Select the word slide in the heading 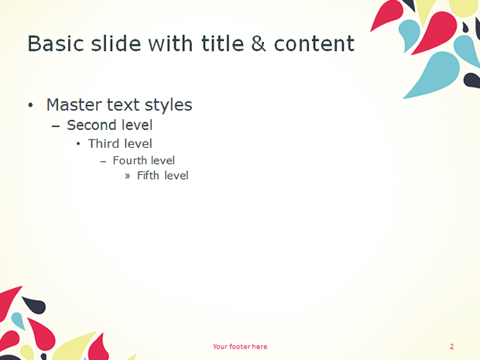[116, 43]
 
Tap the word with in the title [171, 43]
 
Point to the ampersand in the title [259, 43]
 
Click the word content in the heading [314, 44]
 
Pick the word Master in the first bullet [74, 105]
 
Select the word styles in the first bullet [168, 105]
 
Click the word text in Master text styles [124, 105]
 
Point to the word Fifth [149, 176]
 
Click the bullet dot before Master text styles [30, 105]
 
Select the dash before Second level [56, 126]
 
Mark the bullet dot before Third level [78, 143]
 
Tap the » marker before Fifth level [128, 176]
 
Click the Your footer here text [240, 347]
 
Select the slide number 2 [452, 347]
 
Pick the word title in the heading [222, 43]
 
